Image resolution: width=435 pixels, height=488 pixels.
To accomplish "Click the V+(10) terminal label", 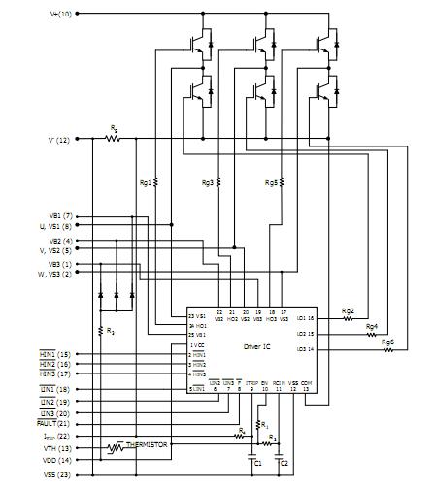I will tap(58, 14).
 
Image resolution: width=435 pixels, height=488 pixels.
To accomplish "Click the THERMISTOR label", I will tap(147, 444).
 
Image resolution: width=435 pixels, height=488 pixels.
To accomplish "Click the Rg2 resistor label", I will tap(348, 310).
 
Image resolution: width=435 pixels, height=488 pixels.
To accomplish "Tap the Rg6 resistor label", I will tap(387, 342).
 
